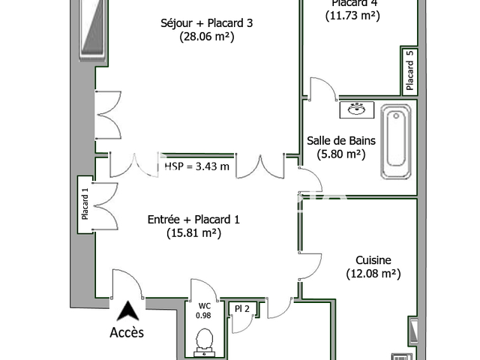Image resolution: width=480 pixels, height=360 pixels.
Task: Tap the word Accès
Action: coord(127,331)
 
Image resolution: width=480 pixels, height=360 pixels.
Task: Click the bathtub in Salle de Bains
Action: coord(395,142)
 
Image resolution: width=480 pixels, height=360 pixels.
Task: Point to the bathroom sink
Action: coord(355,109)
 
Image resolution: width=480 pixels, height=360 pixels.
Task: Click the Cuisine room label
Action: coord(373,260)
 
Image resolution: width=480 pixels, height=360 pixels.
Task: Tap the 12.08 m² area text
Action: coord(373,274)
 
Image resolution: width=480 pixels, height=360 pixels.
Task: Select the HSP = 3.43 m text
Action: coord(196,166)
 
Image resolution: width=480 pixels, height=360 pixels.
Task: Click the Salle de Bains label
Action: coord(341,140)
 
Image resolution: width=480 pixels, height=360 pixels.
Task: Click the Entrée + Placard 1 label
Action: coord(193,220)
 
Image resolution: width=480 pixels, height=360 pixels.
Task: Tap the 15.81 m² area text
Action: coord(193,233)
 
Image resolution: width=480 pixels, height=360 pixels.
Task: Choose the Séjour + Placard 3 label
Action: coord(206,22)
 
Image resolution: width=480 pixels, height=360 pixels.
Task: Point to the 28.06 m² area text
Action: coord(206,36)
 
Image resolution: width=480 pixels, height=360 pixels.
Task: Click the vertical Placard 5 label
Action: coord(409,69)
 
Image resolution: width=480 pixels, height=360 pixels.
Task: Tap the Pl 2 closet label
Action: coord(241,308)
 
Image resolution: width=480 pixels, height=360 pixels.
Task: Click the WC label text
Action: coord(203,306)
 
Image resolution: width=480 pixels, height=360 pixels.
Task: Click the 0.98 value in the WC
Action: coord(203,316)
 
